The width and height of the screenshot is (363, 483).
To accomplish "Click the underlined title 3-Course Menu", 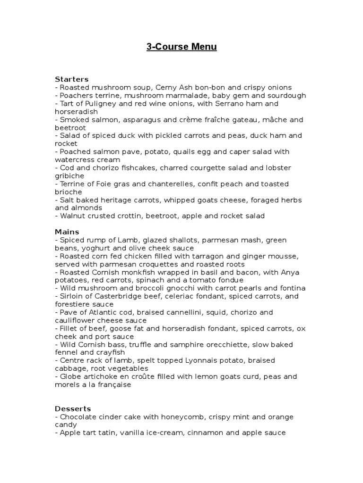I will pos(181,47).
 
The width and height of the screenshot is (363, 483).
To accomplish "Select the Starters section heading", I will pos(72,79).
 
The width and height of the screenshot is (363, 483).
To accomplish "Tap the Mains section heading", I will pos(67,232).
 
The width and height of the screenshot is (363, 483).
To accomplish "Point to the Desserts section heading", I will pos(73,408).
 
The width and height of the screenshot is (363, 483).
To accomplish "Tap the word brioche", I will pos(69,192).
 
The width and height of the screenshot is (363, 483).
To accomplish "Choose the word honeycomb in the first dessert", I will pos(179,417).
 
